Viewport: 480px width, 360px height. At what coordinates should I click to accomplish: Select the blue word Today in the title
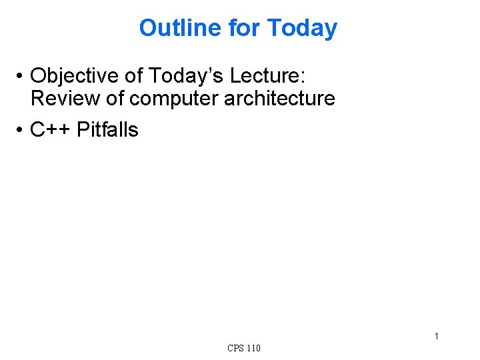pos(302,28)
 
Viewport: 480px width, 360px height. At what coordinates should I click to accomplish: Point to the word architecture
pos(280,98)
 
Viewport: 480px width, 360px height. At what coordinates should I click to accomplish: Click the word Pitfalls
pos(108,129)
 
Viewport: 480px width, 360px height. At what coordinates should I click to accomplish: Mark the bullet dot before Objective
pos(21,75)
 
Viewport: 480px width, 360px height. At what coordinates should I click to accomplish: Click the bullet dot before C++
pos(21,130)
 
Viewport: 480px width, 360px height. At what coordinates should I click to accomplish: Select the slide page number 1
pos(437,336)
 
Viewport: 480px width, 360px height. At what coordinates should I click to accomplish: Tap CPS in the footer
pos(235,348)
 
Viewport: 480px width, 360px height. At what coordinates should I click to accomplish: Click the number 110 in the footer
pos(253,348)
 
